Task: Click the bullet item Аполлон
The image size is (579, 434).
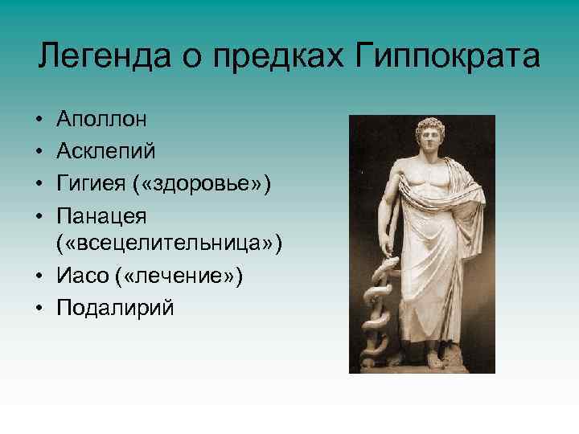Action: click(x=101, y=120)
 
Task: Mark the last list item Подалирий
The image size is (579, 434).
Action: click(x=115, y=307)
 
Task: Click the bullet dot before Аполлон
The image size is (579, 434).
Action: click(x=40, y=121)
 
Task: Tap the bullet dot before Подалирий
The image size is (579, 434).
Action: click(x=40, y=308)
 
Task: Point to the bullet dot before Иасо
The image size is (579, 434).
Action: click(x=40, y=276)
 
